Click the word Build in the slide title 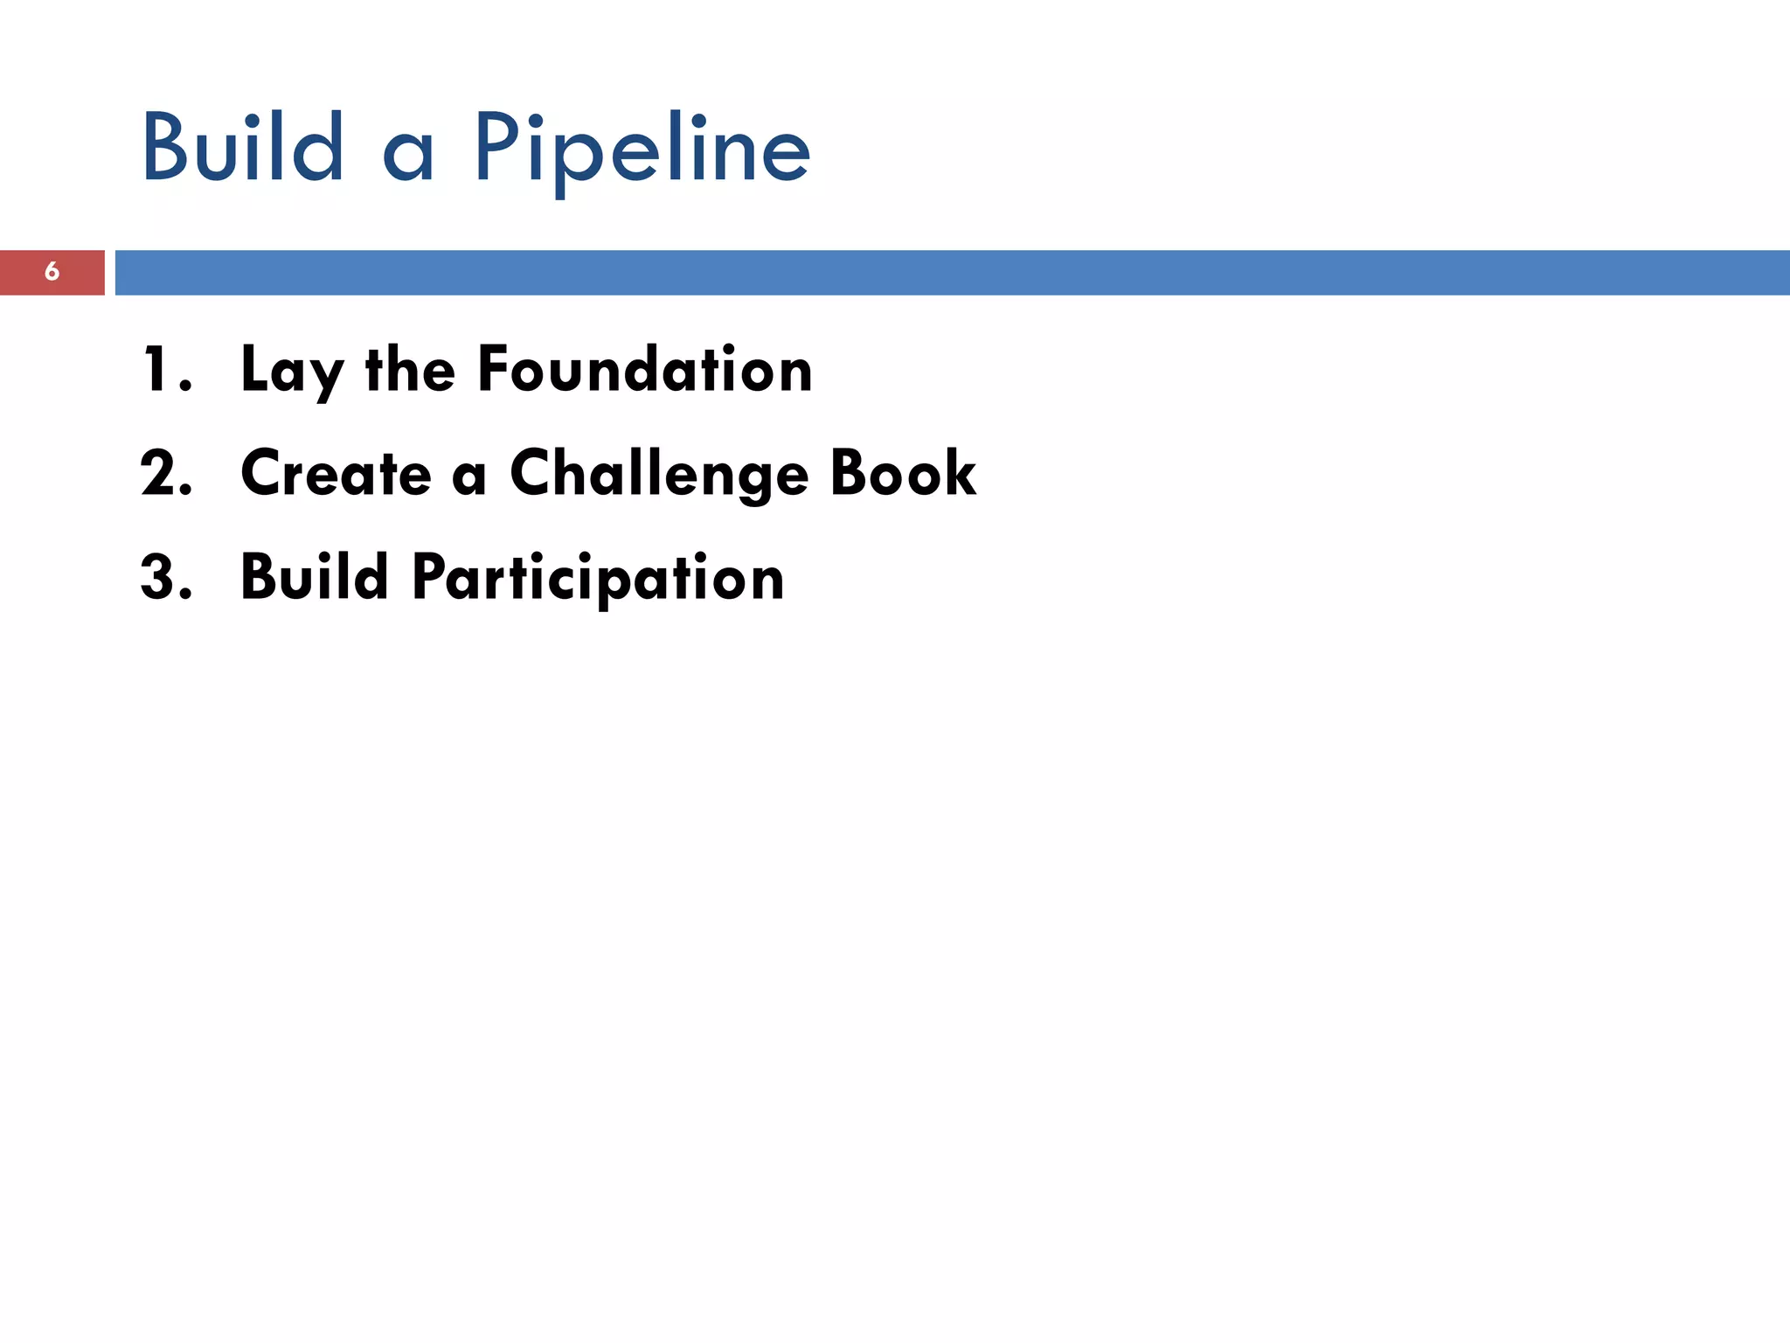(243, 149)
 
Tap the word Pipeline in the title (642, 150)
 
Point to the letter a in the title (408, 157)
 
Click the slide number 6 (52, 272)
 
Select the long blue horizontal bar (953, 272)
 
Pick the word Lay (292, 372)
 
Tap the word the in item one (411, 370)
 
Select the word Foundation (645, 370)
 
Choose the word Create (336, 474)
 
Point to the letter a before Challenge (469, 479)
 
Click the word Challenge (659, 476)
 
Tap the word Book (903, 474)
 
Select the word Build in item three (315, 578)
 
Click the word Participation (599, 580)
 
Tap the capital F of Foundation (494, 370)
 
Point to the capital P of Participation (430, 578)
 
